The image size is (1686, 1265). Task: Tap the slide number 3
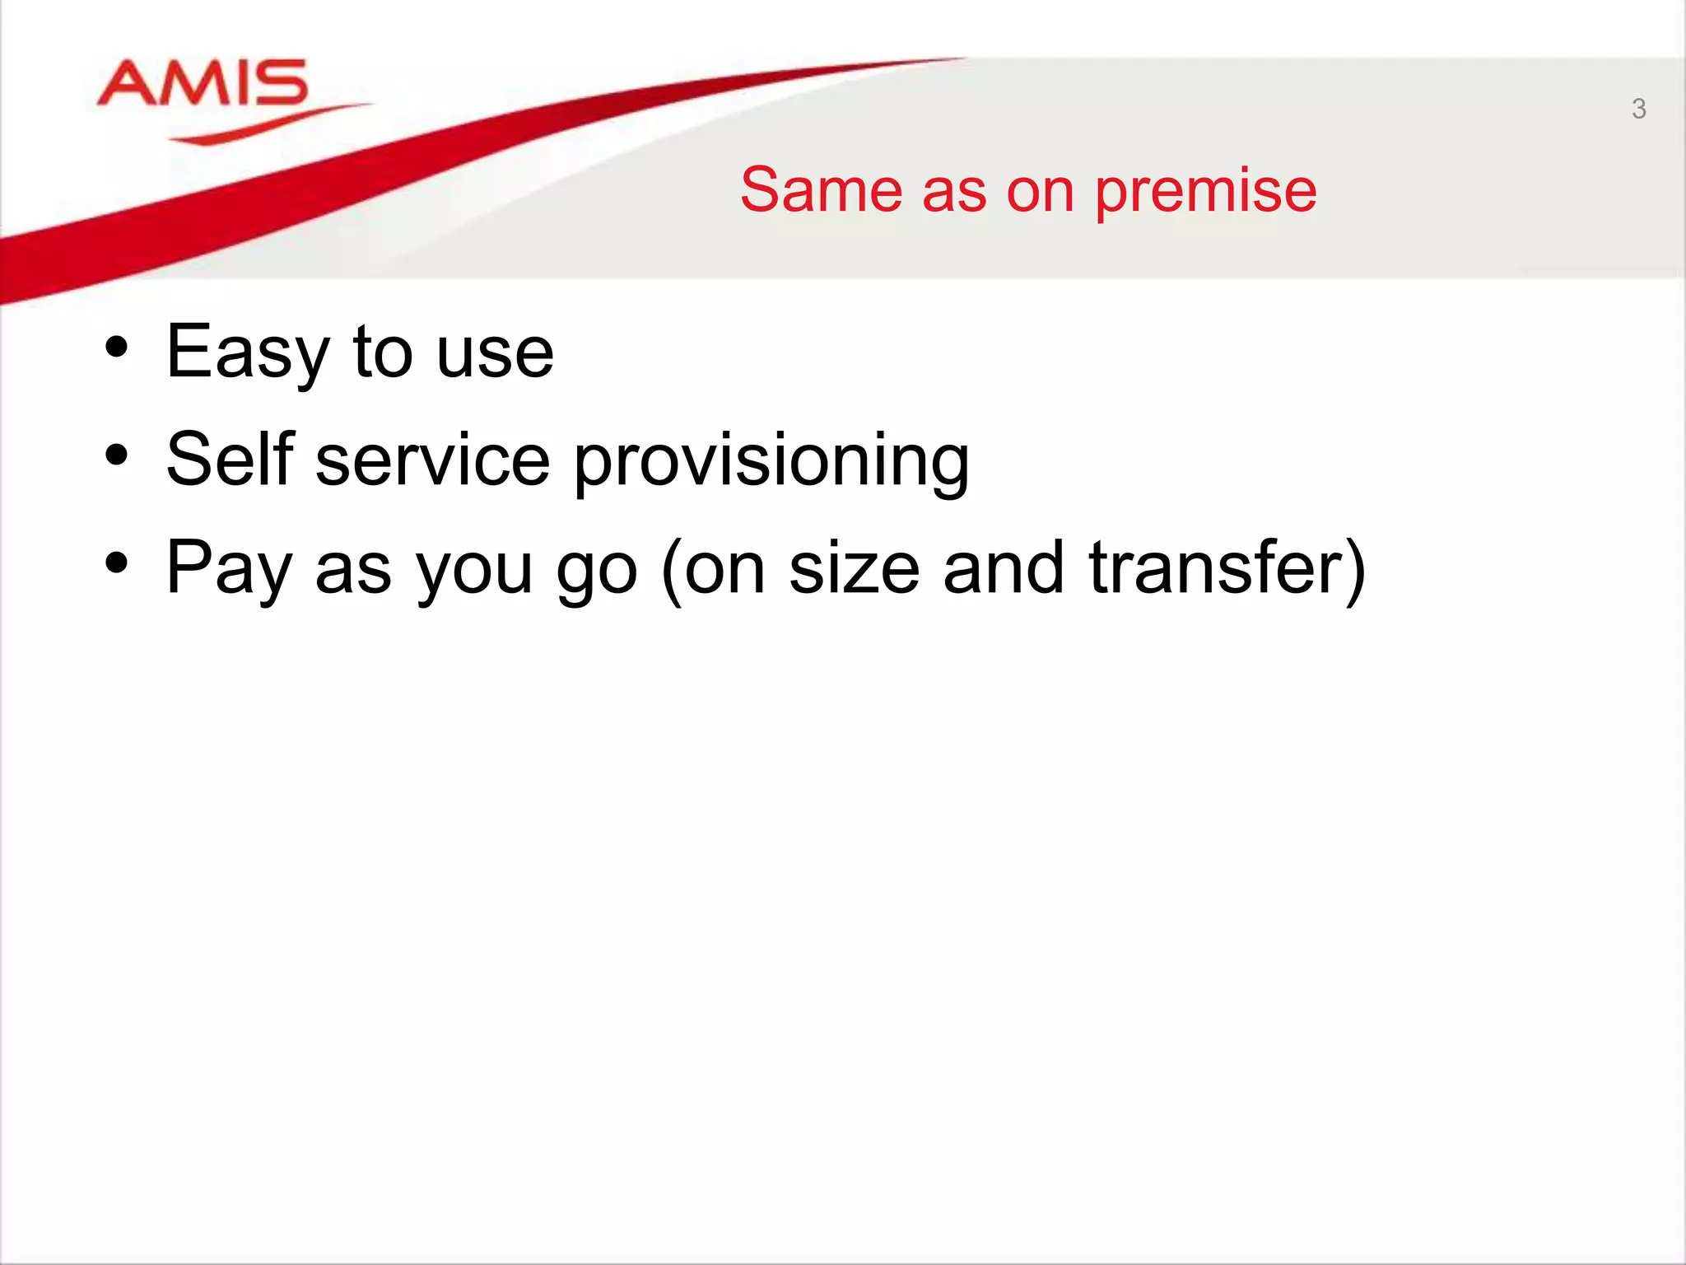click(x=1638, y=109)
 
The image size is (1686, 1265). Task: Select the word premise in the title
click(x=1205, y=190)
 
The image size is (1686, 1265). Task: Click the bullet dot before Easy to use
click(x=117, y=348)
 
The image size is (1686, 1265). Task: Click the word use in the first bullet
click(x=495, y=354)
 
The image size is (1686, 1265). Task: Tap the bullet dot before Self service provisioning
click(x=117, y=455)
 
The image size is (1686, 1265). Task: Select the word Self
click(x=230, y=459)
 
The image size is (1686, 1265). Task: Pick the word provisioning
click(x=771, y=461)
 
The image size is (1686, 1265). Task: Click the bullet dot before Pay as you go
click(x=117, y=563)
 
